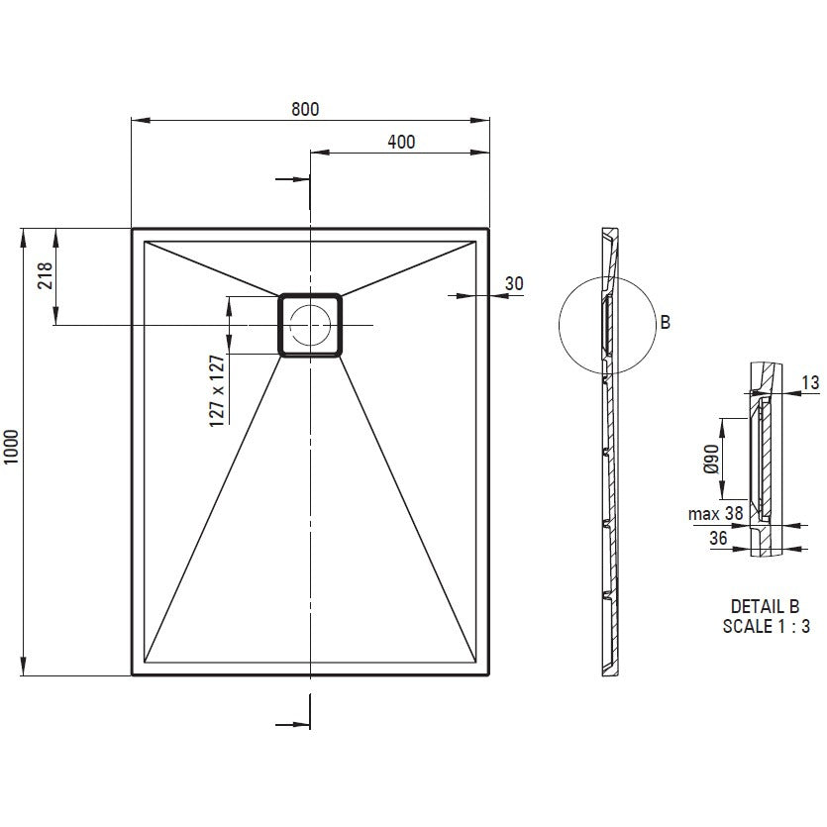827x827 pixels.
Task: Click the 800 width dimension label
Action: [x=305, y=109]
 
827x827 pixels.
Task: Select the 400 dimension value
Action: [x=401, y=142]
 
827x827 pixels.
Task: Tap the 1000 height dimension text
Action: [x=11, y=447]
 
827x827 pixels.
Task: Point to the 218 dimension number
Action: [x=45, y=275]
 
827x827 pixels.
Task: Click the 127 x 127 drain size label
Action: [x=217, y=391]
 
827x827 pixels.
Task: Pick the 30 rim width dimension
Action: [x=514, y=283]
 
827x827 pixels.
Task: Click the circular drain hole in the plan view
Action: [x=310, y=325]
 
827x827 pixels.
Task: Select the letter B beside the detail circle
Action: [x=666, y=322]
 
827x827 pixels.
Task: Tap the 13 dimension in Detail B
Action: [x=810, y=382]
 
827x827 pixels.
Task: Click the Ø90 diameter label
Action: [x=711, y=459]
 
